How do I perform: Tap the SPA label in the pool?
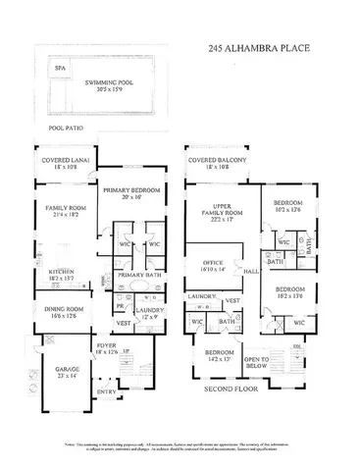pyautogui.click(x=60, y=69)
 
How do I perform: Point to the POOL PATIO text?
pyautogui.click(x=70, y=128)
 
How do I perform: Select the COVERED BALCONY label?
pyautogui.click(x=216, y=160)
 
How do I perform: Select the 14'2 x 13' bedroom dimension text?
pyautogui.click(x=217, y=359)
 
